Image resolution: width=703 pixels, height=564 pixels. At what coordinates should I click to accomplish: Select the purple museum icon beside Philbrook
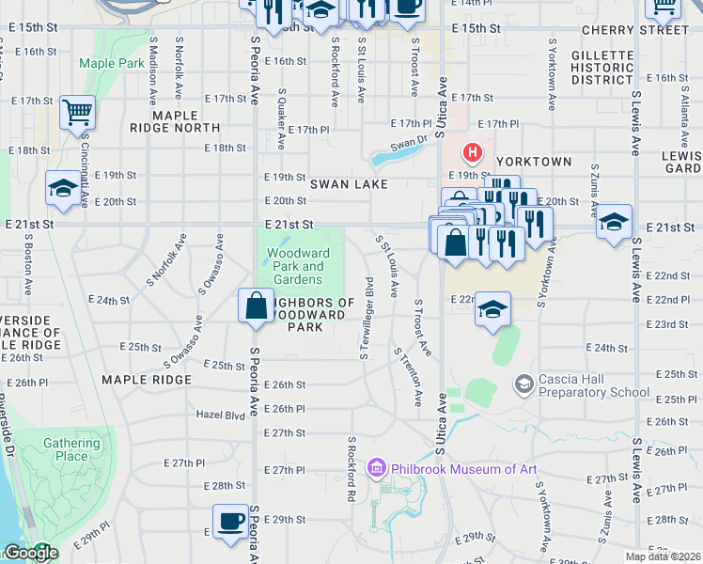pyautogui.click(x=378, y=467)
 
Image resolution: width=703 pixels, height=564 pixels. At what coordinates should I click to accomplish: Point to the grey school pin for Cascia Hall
pyautogui.click(x=523, y=384)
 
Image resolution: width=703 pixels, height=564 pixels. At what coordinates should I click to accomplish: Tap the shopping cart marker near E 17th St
pyautogui.click(x=77, y=112)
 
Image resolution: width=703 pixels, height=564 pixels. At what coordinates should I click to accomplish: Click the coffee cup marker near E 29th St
pyautogui.click(x=230, y=522)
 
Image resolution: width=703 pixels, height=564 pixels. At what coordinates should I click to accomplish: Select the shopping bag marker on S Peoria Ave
pyautogui.click(x=257, y=305)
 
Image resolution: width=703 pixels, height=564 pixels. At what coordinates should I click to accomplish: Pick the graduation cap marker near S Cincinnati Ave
pyautogui.click(x=63, y=187)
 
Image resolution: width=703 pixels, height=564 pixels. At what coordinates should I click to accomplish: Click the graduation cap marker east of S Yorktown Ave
pyautogui.click(x=614, y=223)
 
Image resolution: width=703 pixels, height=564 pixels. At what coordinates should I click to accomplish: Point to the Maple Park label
pyautogui.click(x=112, y=63)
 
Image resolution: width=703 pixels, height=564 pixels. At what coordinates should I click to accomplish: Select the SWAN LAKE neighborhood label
pyautogui.click(x=349, y=185)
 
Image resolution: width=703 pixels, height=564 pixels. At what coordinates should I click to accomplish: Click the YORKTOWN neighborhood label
pyautogui.click(x=534, y=162)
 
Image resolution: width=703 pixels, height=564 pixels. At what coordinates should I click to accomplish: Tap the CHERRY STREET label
pyautogui.click(x=634, y=30)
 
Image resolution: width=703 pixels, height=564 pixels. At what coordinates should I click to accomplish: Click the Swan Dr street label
pyautogui.click(x=408, y=142)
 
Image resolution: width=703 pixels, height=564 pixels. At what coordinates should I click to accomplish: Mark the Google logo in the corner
pyautogui.click(x=30, y=553)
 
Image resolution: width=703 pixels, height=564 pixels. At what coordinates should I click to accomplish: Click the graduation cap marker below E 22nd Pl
pyautogui.click(x=492, y=310)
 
